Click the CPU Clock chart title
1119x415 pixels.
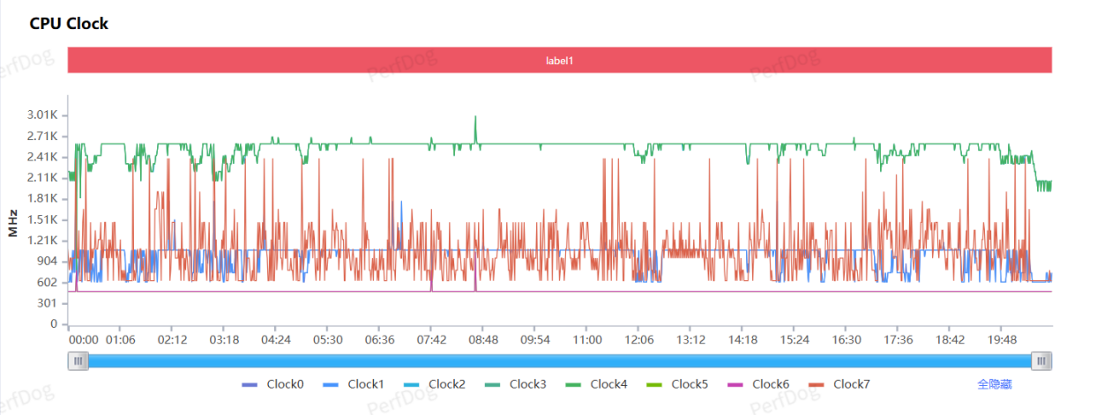69,24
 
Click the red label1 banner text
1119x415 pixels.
559,61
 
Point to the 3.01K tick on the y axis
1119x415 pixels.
41,115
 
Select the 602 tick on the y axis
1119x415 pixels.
47,282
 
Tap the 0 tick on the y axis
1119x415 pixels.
53,324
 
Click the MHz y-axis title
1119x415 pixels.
13,223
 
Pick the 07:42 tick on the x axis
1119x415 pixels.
431,339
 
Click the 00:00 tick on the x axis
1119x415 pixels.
84,339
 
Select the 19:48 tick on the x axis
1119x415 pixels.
1002,339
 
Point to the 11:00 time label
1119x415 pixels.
587,339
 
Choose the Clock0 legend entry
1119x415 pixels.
272,384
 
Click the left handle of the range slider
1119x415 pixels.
79,360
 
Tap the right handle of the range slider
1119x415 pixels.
1041,360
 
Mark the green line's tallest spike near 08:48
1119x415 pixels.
475,116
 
